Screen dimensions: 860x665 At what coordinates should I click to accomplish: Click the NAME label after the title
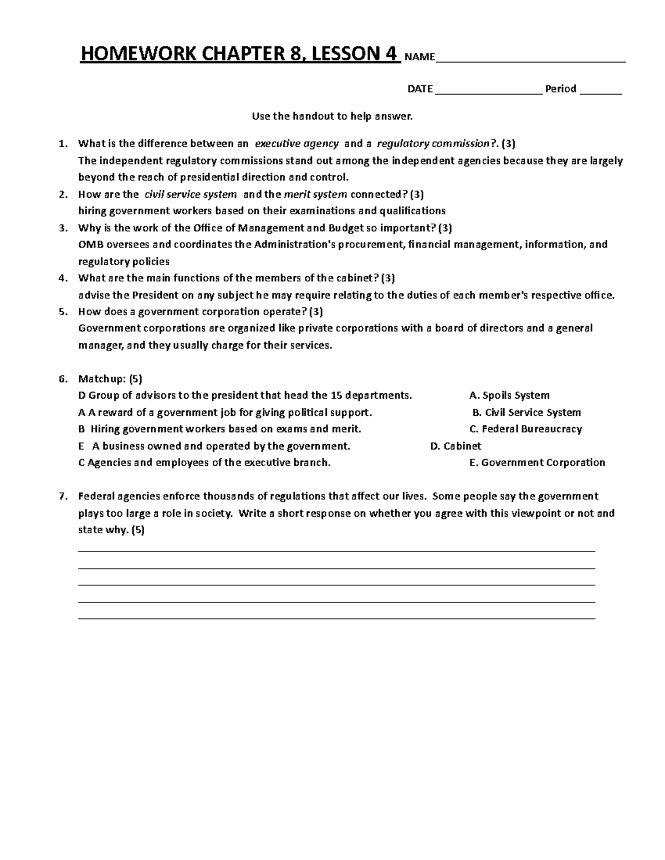tap(420, 57)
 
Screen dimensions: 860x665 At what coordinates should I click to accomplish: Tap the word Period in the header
tap(561, 89)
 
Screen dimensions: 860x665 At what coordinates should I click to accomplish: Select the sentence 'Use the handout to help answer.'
tap(332, 116)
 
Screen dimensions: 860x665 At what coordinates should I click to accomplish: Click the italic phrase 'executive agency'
tap(296, 144)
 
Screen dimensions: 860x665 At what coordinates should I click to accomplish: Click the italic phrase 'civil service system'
tap(190, 194)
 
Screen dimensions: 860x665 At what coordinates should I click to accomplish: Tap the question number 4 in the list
tap(63, 278)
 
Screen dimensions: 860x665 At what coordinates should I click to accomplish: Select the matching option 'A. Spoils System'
tap(509, 395)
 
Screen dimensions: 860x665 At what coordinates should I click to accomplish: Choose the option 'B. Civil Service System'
tap(526, 413)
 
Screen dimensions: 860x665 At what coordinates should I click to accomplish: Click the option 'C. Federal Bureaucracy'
tap(525, 429)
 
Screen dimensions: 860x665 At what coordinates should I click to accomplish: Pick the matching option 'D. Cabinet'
tap(456, 446)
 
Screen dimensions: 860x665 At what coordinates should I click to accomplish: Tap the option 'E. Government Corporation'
tap(537, 462)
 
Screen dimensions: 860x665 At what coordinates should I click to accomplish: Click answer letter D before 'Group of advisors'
tap(82, 395)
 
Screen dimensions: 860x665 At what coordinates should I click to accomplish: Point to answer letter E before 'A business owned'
tap(82, 446)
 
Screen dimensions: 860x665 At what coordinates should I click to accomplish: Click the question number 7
tap(63, 496)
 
